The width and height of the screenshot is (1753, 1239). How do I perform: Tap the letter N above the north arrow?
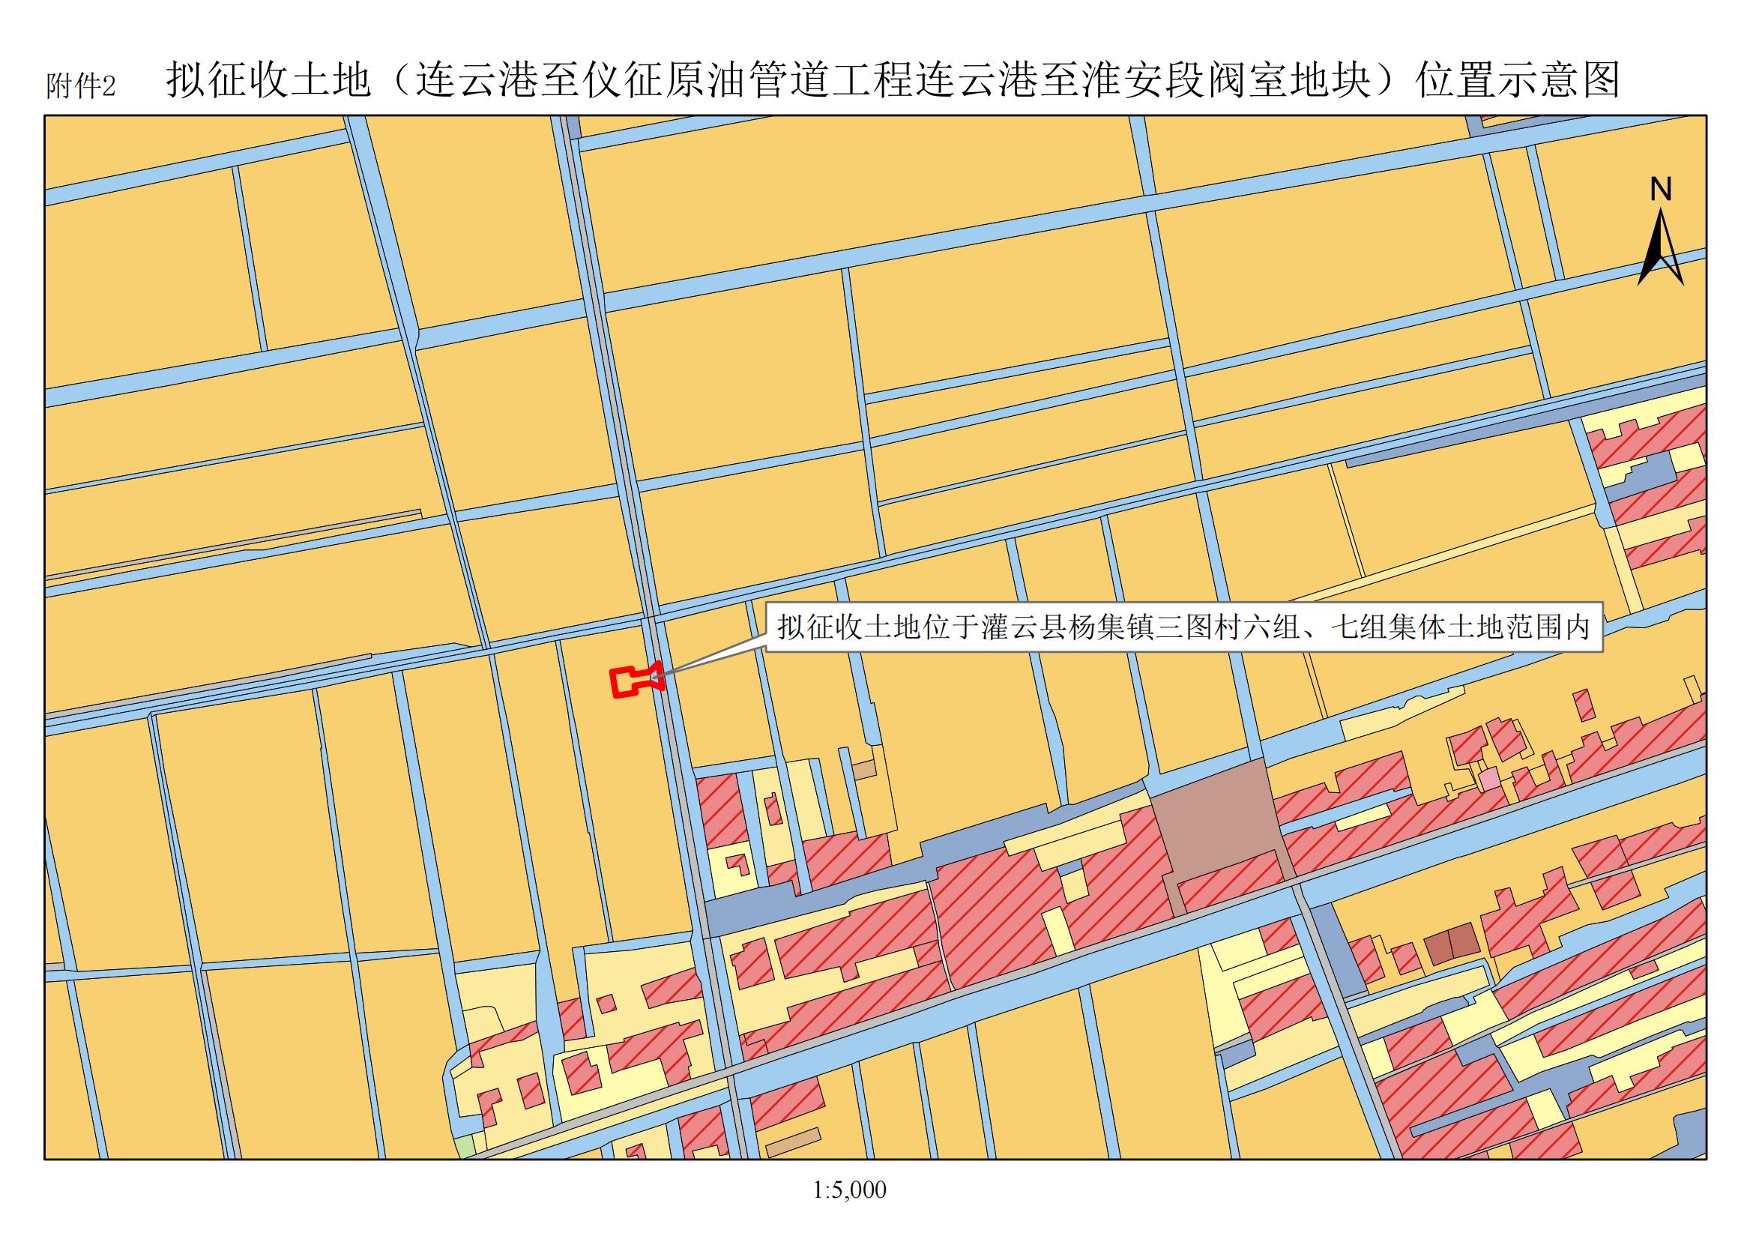click(1661, 190)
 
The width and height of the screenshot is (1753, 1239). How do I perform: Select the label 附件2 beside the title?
click(80, 86)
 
